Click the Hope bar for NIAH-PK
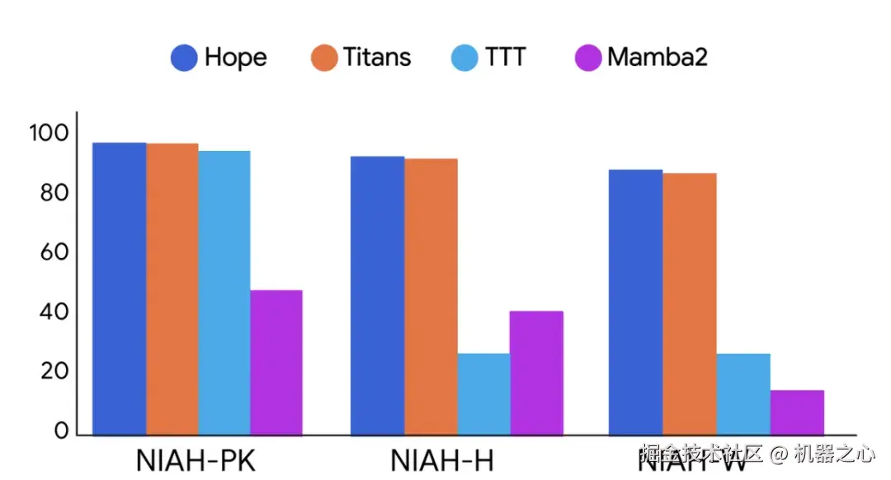[119, 289]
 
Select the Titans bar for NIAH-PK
[172, 289]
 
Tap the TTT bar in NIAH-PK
[224, 293]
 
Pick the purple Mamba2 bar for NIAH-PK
[276, 362]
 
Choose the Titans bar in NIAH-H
[431, 296]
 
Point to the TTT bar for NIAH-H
[483, 393]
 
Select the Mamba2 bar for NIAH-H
[536, 373]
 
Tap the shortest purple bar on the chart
[797, 412]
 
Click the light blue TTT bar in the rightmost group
[742, 393]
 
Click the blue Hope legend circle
[184, 58]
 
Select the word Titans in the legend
[376, 58]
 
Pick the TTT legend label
[505, 58]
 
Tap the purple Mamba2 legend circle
[587, 58]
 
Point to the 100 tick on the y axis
[51, 134]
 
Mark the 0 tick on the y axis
[60, 431]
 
